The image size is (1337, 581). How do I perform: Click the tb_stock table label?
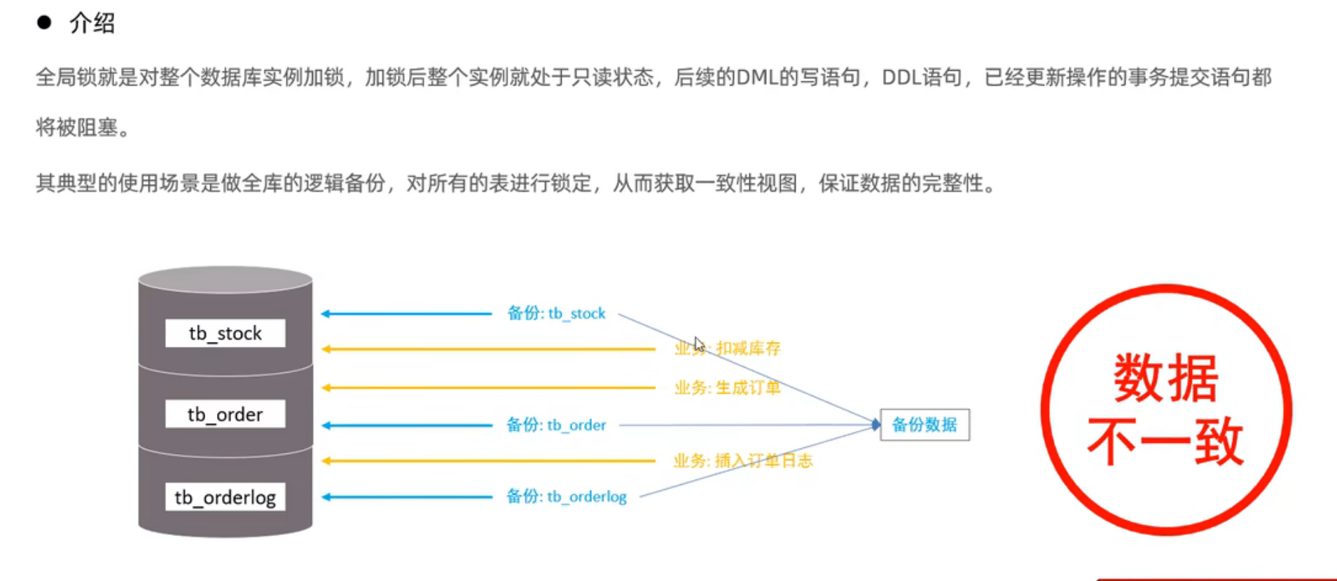(225, 334)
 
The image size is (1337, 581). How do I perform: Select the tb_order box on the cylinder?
(225, 415)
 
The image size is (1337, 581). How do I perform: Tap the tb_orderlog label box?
(225, 498)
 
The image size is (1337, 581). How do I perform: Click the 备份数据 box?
(924, 425)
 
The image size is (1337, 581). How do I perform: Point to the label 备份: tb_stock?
(556, 313)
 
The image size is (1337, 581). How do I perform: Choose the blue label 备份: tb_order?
(556, 425)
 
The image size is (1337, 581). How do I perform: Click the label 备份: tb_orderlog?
(566, 497)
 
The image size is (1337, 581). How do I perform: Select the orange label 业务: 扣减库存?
(727, 348)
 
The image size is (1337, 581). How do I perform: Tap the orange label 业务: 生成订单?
(727, 388)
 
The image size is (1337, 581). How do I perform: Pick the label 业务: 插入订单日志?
(742, 461)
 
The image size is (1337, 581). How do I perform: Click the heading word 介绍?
(92, 24)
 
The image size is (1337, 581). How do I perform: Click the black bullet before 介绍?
(44, 23)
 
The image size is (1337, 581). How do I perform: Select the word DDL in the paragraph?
(901, 77)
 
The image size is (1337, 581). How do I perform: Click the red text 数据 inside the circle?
(1165, 378)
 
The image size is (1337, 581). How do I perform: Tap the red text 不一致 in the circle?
(1165, 442)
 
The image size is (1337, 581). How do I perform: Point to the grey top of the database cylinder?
(225, 279)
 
